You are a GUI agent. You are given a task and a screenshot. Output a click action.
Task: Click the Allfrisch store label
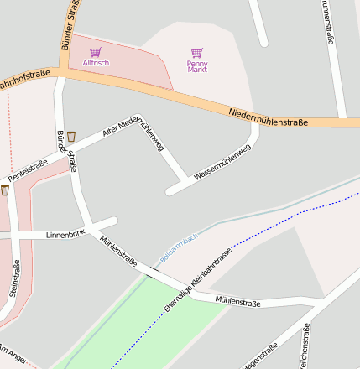coord(95,64)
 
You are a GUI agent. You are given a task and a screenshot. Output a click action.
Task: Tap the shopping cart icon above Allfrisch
coord(95,52)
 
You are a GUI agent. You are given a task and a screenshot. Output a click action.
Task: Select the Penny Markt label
coord(197,67)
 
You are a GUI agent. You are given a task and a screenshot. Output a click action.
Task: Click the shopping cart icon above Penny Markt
coord(197,53)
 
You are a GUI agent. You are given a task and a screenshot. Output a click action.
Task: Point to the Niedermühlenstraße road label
coord(268,117)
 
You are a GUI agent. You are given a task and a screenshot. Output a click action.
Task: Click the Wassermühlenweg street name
coord(222,163)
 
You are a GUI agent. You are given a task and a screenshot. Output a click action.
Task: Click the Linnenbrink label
coord(65,234)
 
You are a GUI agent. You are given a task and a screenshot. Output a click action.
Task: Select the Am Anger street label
coord(13,354)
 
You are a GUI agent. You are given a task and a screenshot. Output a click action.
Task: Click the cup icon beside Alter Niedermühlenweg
coord(72,134)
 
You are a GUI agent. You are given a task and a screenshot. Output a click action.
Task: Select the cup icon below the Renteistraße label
coord(5,190)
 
